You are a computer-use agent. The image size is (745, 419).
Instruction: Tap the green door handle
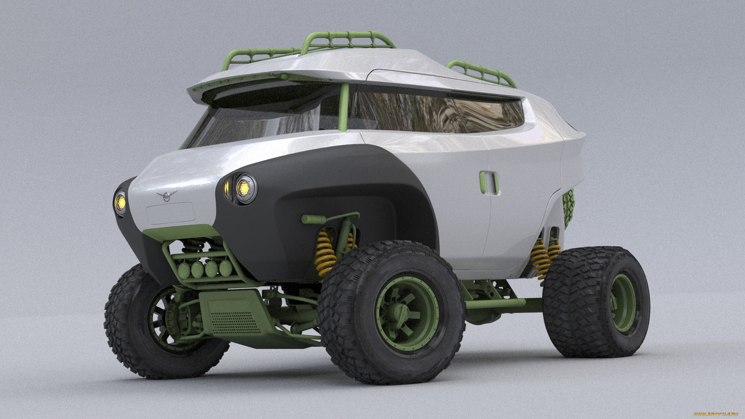coord(489,183)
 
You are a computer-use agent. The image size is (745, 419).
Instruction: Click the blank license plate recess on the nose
coord(170,213)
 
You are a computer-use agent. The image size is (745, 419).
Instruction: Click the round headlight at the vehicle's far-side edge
coord(120,202)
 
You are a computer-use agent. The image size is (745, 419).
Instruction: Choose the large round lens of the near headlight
coord(244,188)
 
